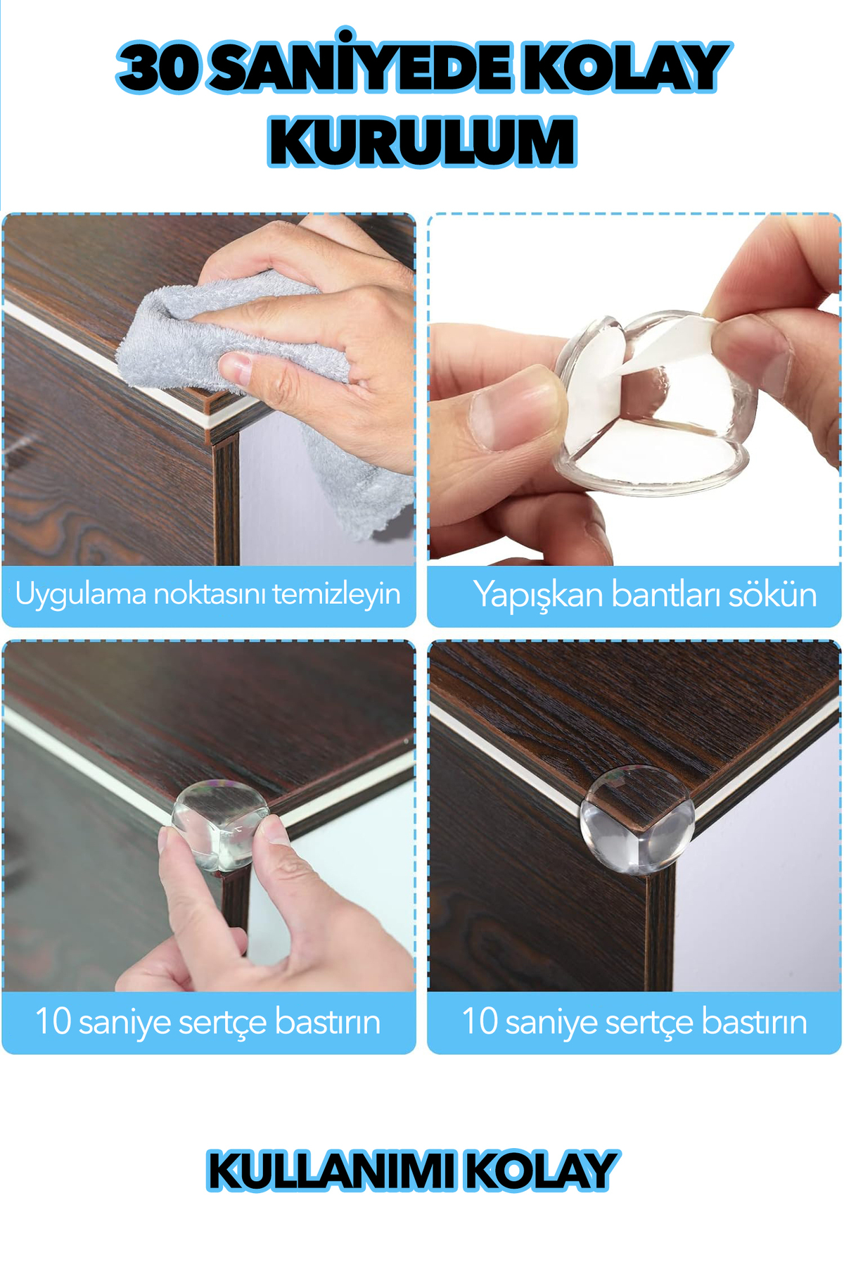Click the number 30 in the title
click(158, 68)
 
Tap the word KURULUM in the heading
click(422, 143)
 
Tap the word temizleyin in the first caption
click(336, 594)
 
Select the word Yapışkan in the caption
click(537, 595)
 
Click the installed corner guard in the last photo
click(637, 820)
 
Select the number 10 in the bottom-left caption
click(53, 1021)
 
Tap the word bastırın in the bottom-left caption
click(327, 1021)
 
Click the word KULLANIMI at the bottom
click(329, 1172)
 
